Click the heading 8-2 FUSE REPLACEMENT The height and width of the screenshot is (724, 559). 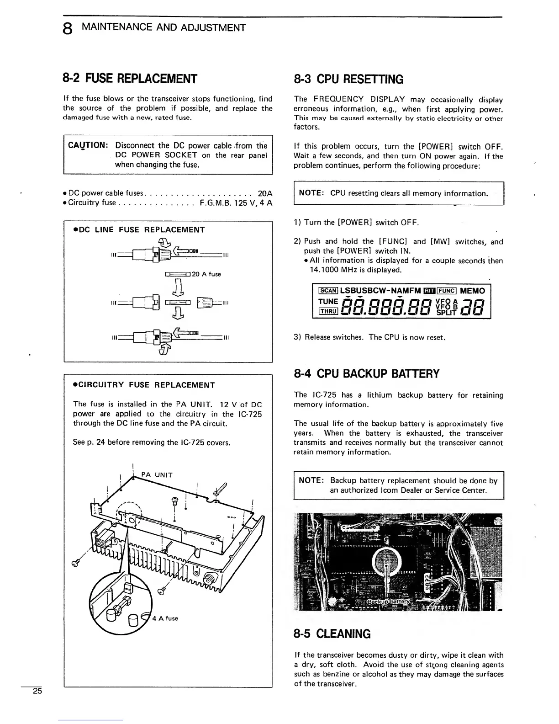pyautogui.click(x=130, y=79)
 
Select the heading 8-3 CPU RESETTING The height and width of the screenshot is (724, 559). pyautogui.click(x=348, y=80)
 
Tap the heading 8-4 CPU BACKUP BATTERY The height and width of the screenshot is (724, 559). pyautogui.click(x=366, y=374)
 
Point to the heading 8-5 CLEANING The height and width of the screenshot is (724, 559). pyautogui.click(x=332, y=634)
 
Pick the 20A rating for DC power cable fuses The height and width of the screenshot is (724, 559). pyautogui.click(x=265, y=193)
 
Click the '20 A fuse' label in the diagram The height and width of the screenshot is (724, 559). pyautogui.click(x=206, y=274)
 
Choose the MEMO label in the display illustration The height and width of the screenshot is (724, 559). pyautogui.click(x=473, y=291)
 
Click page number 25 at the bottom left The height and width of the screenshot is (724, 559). pyautogui.click(x=37, y=691)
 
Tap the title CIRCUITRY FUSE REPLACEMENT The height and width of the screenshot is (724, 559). pyautogui.click(x=144, y=385)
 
